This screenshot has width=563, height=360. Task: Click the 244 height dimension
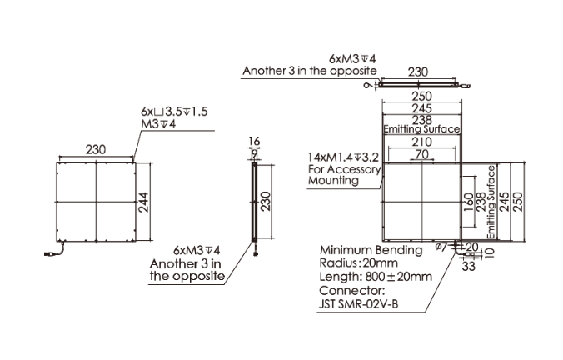coord(143,202)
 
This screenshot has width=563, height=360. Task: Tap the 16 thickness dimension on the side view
coord(254,141)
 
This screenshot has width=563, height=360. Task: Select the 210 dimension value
coord(421,142)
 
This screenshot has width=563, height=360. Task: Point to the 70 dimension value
coord(422,154)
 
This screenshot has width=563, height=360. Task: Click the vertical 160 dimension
coord(468,202)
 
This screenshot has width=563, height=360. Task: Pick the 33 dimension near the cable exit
coord(468,266)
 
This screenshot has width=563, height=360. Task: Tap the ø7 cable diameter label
coord(441,247)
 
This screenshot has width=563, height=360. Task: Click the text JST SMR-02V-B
coord(359,304)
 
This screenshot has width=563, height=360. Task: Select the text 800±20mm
coord(399,277)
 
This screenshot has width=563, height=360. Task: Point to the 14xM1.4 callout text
coord(343,157)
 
